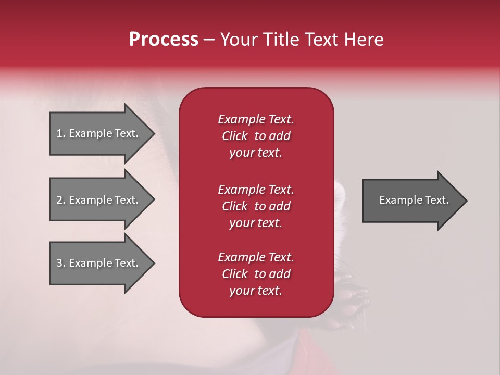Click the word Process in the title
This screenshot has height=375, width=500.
tap(164, 40)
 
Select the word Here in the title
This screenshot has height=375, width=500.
tap(364, 40)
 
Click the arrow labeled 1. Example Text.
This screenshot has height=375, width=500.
tap(103, 133)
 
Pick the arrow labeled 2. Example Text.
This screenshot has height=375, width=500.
tap(103, 199)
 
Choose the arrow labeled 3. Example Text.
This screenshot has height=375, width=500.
tap(103, 263)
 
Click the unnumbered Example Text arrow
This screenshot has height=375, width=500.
tap(415, 201)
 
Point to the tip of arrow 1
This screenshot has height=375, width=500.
tap(155, 133)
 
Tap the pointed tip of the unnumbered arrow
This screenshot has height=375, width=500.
tap(467, 201)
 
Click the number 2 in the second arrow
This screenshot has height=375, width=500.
tap(59, 200)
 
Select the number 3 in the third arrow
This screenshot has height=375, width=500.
tap(59, 263)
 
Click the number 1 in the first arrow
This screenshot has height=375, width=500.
tap(59, 133)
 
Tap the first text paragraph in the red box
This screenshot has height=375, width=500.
tap(256, 136)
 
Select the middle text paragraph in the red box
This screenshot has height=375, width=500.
tap(256, 206)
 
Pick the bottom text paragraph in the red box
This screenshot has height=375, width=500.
tap(256, 273)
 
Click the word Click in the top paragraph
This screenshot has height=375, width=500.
tap(235, 136)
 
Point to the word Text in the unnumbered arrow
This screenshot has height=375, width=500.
tap(436, 200)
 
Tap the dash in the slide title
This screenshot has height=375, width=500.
tap(209, 40)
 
